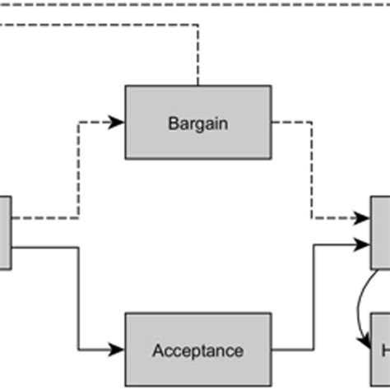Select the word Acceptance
197,351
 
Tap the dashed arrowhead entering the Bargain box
118,123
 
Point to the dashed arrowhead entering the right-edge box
363,218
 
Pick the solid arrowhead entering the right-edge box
363,244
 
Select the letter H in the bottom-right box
384,351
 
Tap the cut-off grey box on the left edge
5,232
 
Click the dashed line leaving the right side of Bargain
292,123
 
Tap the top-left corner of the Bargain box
126,86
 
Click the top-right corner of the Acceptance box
271,313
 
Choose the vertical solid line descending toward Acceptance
78,296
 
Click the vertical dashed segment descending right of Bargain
312,169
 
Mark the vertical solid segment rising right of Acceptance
313,296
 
